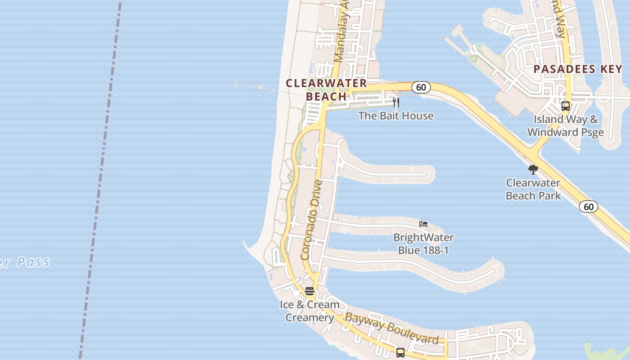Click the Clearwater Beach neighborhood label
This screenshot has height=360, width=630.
click(326, 90)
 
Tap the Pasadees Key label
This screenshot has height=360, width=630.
click(578, 69)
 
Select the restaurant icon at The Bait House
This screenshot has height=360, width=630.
click(396, 103)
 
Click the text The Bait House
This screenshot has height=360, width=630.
click(396, 116)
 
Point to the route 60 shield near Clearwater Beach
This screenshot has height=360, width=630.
click(421, 87)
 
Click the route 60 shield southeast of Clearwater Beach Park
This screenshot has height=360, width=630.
click(588, 207)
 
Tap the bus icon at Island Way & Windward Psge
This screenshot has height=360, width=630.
click(566, 106)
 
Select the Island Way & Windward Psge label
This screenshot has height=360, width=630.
click(566, 126)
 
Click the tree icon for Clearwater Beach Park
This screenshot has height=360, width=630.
click(533, 170)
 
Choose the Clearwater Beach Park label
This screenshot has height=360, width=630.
click(533, 189)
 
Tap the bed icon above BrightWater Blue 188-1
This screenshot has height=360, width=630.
click(423, 224)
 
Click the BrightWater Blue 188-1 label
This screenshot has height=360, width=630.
click(423, 243)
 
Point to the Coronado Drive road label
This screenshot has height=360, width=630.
click(312, 220)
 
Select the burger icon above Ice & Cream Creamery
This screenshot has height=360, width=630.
click(310, 291)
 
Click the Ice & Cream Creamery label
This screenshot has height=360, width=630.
click(310, 310)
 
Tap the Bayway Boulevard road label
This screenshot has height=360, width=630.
click(391, 329)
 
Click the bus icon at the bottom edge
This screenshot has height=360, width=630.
click(400, 353)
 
